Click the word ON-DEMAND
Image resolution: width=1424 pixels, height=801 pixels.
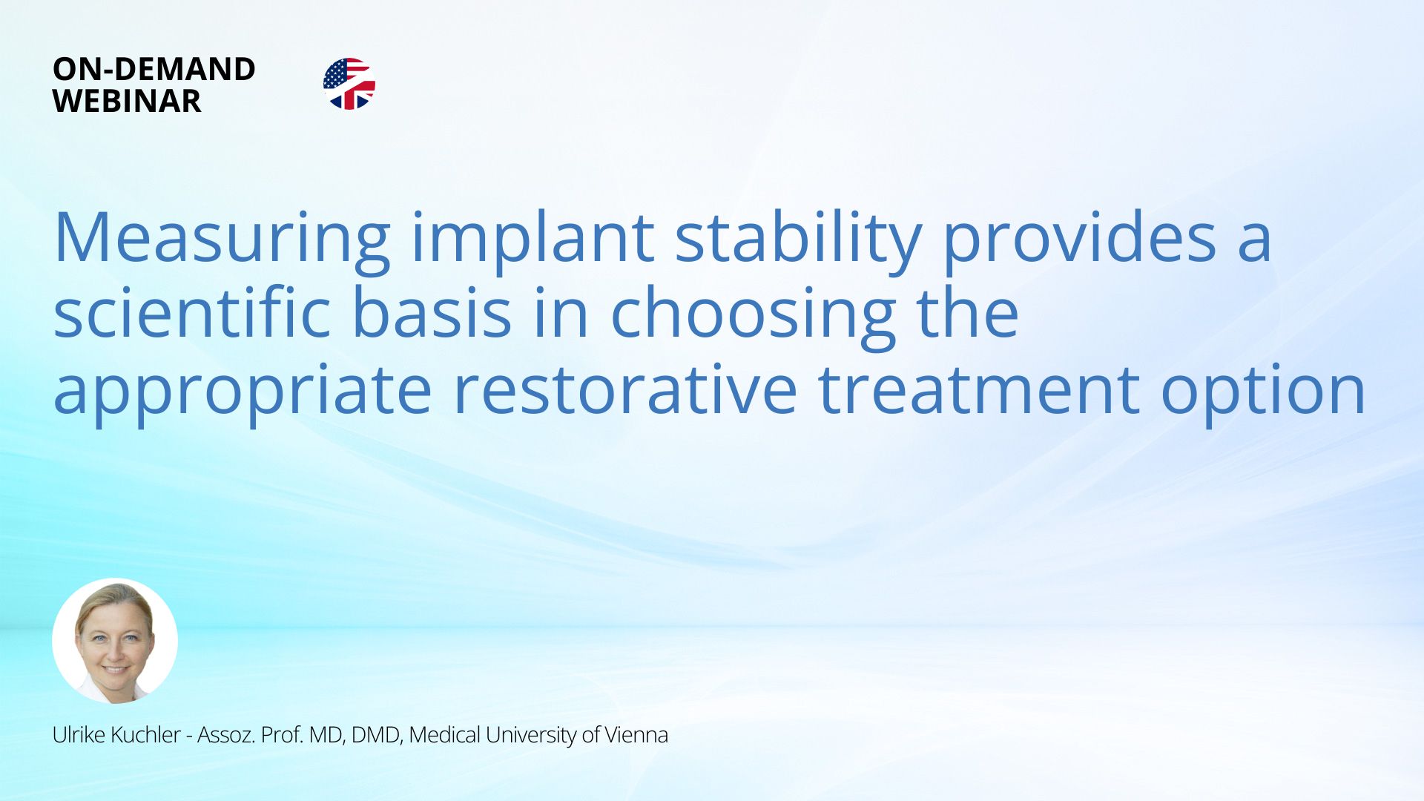pos(154,69)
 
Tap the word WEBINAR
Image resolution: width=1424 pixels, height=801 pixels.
pos(127,101)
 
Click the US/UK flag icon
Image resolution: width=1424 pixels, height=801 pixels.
pos(349,84)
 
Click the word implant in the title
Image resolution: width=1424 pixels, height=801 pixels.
pos(533,239)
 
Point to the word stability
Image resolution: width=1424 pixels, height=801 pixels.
pos(798,239)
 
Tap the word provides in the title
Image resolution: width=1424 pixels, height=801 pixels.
pos(1080,239)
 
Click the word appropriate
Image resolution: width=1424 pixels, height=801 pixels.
pos(243,393)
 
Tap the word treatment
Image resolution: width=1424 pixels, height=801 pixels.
pos(979,389)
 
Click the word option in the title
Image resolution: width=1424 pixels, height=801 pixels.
pos(1263,393)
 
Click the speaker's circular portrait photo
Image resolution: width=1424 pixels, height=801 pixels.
pos(115,641)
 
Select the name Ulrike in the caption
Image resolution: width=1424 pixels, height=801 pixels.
pos(79,734)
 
